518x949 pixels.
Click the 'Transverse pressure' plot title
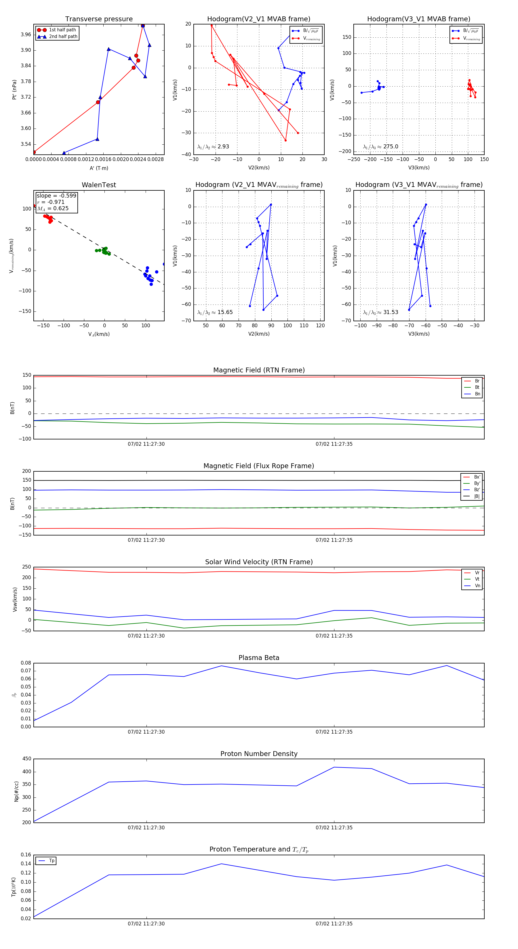(x=99, y=19)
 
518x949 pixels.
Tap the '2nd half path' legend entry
(x=63, y=37)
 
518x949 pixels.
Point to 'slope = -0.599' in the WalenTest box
(x=56, y=196)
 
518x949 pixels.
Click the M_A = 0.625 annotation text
(x=53, y=208)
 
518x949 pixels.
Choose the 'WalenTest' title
(x=99, y=185)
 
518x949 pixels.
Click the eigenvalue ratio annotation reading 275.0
(x=380, y=147)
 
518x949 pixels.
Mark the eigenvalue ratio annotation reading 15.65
(x=215, y=312)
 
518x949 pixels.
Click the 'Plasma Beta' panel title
(x=259, y=658)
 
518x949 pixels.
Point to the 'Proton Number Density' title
(x=259, y=754)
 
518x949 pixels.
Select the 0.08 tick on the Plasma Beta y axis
(x=26, y=663)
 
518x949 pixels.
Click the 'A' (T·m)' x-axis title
(x=99, y=168)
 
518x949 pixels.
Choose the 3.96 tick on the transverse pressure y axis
(x=26, y=35)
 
